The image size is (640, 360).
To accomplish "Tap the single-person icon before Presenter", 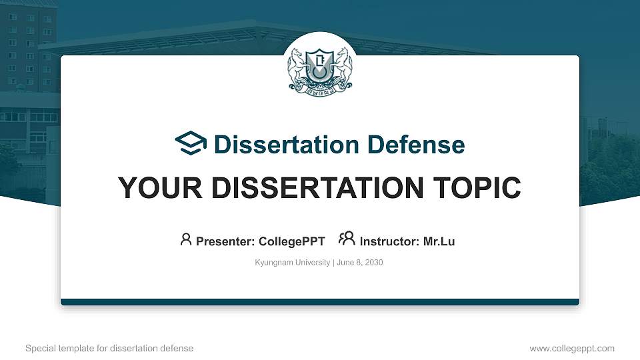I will [x=186, y=239].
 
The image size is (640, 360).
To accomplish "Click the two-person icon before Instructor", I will [x=347, y=239].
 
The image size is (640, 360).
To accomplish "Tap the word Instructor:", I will [x=389, y=241].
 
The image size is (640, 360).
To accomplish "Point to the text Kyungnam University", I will [x=292, y=263].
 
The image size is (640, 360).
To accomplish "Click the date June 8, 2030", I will [x=360, y=263].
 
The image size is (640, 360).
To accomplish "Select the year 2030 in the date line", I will [x=373, y=263].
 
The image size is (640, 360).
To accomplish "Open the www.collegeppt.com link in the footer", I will [x=571, y=348].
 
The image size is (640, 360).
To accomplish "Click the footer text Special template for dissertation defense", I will [x=109, y=348].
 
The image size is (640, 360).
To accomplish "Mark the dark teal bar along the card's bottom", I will [x=320, y=302].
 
